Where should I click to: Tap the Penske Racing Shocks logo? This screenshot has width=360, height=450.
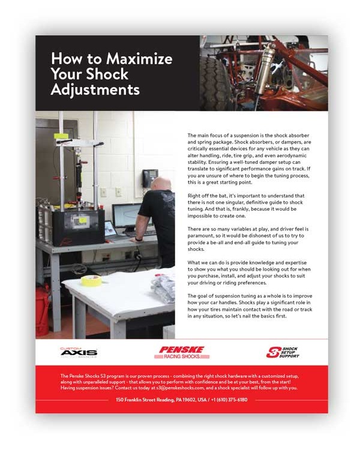coord(182,352)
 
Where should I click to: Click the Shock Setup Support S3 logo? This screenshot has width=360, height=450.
coord(282,352)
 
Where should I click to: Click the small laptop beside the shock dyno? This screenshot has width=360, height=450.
coord(110,228)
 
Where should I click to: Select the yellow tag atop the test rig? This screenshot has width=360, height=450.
coord(62,136)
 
